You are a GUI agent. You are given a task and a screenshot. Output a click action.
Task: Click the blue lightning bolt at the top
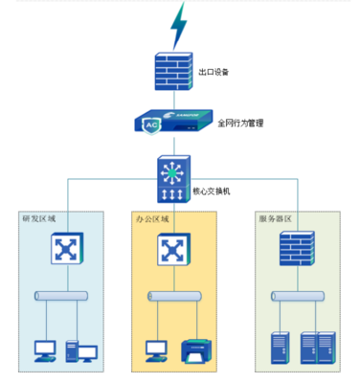point(178,25)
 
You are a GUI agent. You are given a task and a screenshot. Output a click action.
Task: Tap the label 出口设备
point(213,72)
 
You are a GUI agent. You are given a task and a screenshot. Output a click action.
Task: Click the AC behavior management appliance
point(172,124)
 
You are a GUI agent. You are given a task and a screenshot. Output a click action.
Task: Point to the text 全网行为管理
point(239,124)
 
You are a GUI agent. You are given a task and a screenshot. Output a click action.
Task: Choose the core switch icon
point(172,179)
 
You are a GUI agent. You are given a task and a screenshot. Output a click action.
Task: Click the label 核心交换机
point(226,191)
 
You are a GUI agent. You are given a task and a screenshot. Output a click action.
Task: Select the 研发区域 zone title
point(38,219)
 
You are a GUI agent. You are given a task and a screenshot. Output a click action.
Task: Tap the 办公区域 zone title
point(153,219)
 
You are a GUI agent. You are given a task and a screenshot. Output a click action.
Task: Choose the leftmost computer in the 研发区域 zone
point(45,350)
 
